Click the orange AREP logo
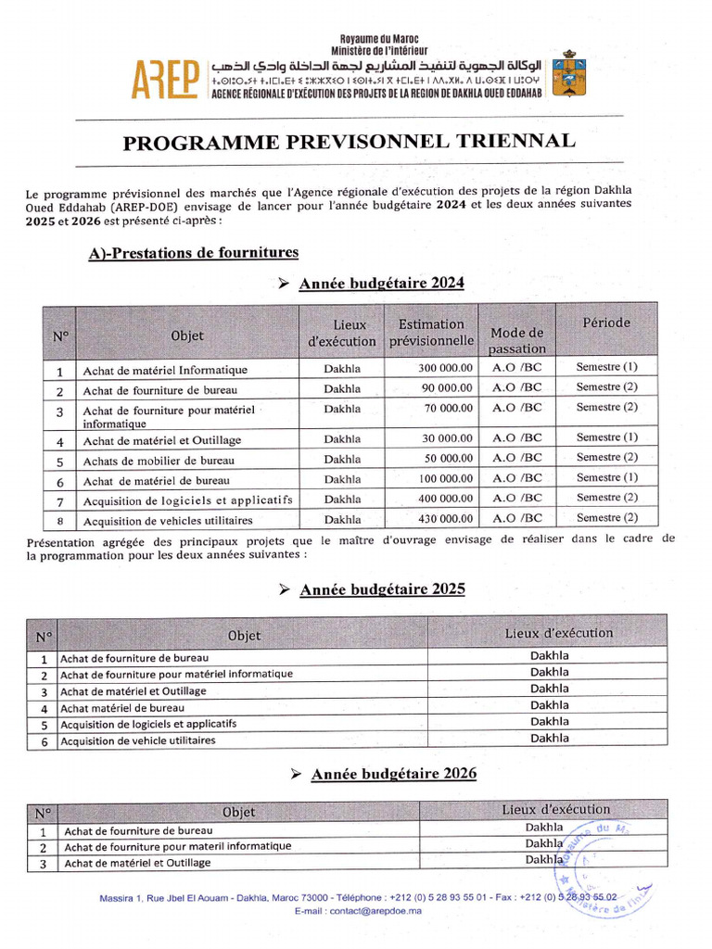click(x=166, y=80)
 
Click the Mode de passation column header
click(x=516, y=340)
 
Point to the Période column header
click(x=606, y=323)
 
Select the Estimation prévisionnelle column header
click(x=431, y=333)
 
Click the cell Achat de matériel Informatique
click(x=165, y=371)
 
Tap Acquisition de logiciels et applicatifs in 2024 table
click(x=187, y=500)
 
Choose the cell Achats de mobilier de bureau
click(x=159, y=461)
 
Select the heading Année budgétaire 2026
click(x=393, y=774)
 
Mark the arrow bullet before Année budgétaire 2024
click(x=285, y=284)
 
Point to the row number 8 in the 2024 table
click(x=59, y=520)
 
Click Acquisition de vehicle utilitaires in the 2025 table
click(x=138, y=740)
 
